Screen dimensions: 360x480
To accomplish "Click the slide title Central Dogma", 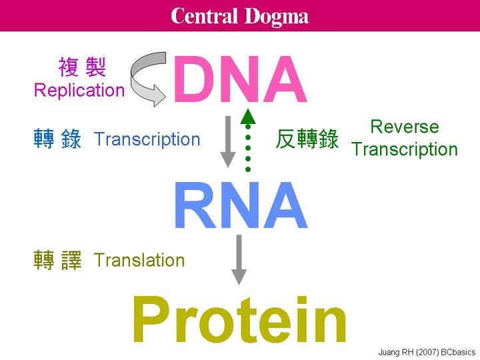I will coord(239,15).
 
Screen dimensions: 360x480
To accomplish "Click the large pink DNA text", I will coord(240,81).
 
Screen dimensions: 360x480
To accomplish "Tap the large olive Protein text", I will coord(239,321).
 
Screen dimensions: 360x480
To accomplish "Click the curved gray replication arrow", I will coord(149,79).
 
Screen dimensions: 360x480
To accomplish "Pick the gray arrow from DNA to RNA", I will coord(228,141).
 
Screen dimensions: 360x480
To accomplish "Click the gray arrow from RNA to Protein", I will coord(239,259).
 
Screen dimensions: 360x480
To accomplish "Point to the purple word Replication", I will coord(79,91).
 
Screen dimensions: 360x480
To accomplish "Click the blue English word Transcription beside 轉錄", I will coord(147,139).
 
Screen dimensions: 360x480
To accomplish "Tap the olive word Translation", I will coord(139,260).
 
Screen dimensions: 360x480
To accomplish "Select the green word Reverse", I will coord(404,127).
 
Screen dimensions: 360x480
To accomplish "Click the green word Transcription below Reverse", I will coord(404,149).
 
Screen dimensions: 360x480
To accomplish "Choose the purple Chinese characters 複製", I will coord(82,68).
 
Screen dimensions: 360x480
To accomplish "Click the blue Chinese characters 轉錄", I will coord(57,140).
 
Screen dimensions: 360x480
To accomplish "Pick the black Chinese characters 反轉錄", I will coord(307,140).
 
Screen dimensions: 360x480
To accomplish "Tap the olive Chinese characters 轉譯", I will coord(57,261).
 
